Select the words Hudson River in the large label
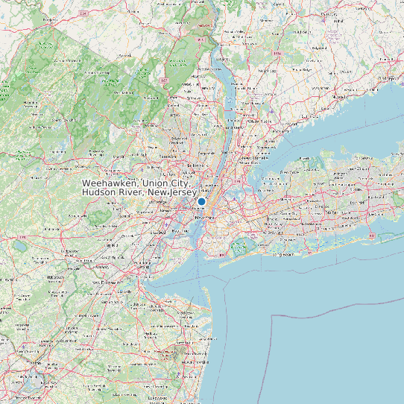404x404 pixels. (113, 193)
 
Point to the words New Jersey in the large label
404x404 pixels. (171, 193)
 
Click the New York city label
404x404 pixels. (201, 218)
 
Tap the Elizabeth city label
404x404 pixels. (157, 232)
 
